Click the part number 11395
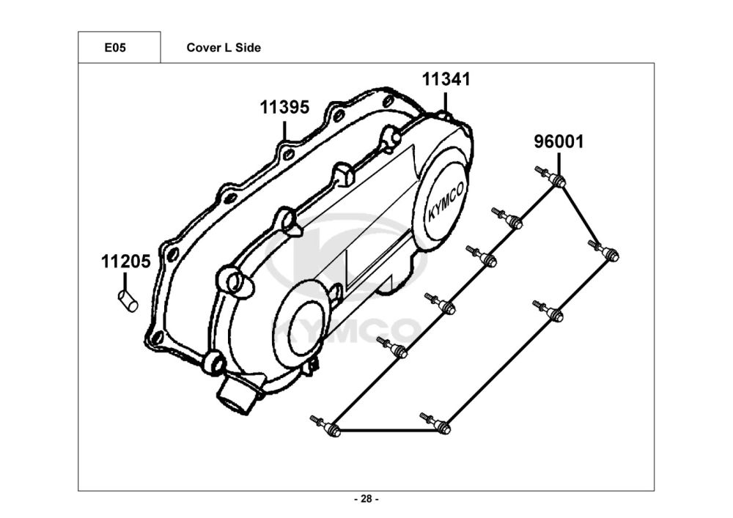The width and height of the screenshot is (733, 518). [x=284, y=108]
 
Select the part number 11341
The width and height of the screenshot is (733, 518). [x=446, y=79]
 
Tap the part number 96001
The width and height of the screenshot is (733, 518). [x=559, y=141]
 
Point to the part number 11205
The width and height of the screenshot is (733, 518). [x=126, y=262]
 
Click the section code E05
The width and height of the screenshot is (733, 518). [x=115, y=48]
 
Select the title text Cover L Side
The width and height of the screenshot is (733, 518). [x=224, y=48]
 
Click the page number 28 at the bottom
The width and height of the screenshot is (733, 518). [x=366, y=499]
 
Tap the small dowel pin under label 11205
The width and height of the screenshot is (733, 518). [x=127, y=301]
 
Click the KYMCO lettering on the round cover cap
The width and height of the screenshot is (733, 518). [x=446, y=201]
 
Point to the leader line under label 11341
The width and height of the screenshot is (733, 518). [x=445, y=103]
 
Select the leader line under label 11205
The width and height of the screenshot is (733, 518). [x=125, y=282]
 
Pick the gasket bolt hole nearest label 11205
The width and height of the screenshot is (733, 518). [x=172, y=255]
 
